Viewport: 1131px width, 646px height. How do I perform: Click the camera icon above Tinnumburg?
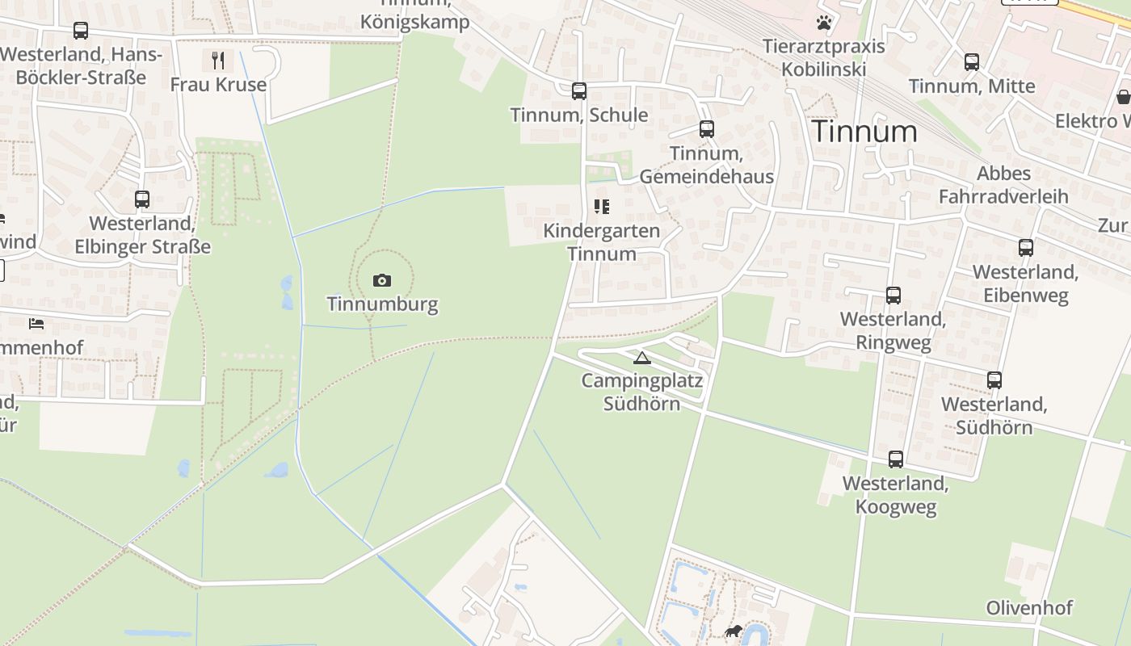tap(382, 280)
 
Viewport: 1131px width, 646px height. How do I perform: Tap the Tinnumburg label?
tap(382, 304)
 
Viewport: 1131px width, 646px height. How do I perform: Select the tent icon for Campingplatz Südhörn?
tap(642, 358)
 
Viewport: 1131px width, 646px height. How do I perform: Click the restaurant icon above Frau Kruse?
tap(217, 60)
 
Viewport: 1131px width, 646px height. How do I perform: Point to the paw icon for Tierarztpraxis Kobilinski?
tap(823, 23)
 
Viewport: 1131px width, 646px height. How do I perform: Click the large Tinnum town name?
tap(864, 132)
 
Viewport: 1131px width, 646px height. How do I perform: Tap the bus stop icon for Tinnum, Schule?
tap(578, 91)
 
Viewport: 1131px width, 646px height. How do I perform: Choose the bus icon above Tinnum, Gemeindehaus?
tap(707, 129)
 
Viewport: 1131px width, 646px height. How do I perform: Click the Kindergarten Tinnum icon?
tap(601, 208)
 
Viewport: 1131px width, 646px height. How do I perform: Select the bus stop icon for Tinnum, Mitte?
tap(971, 62)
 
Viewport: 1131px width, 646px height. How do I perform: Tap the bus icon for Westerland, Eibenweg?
tap(1025, 248)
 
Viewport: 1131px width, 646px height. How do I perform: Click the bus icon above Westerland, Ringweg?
tap(893, 296)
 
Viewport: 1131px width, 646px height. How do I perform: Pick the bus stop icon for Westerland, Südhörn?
tap(994, 380)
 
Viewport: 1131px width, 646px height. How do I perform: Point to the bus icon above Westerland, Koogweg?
tap(895, 459)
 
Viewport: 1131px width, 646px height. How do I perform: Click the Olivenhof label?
tap(1029, 608)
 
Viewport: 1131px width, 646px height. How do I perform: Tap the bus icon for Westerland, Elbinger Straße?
tap(142, 199)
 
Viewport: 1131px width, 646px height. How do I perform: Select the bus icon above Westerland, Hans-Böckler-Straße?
tap(81, 31)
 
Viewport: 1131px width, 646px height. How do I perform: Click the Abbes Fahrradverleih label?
tap(1003, 185)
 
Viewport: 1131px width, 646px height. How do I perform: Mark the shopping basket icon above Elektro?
tap(1123, 97)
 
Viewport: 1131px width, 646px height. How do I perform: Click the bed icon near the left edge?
tap(36, 324)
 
